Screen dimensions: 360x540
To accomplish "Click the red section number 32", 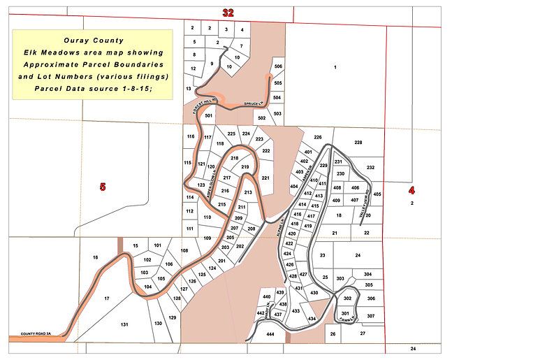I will point(228,13).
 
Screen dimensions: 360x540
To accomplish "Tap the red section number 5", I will point(102,187).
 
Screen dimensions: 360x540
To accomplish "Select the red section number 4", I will point(411,190).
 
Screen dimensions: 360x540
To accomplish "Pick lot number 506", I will point(278,66).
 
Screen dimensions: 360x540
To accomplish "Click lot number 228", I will point(358,143).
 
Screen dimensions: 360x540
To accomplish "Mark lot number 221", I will point(265,178).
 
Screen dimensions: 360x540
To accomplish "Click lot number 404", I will point(293,187).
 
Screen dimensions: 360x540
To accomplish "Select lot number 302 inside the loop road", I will point(347,298).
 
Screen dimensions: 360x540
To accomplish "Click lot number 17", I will point(107,298).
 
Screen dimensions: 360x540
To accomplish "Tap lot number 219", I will point(245,168).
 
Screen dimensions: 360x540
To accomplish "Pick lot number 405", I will point(377,194).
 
